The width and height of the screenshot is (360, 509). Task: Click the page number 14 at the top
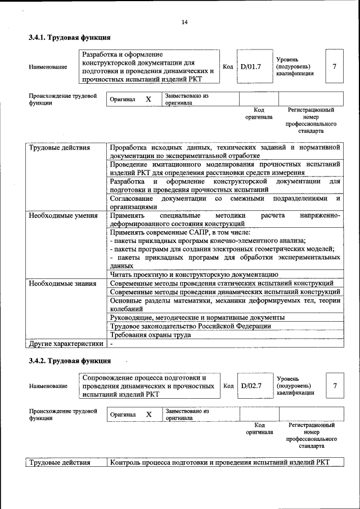click(x=184, y=22)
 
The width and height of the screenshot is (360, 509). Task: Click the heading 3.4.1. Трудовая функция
click(x=69, y=38)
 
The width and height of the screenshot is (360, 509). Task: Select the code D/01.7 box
click(x=251, y=66)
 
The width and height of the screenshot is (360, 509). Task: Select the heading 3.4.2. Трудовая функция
click(x=69, y=360)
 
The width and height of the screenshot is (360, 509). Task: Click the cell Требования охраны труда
click(x=150, y=335)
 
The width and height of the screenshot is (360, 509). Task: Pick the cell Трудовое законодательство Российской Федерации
click(x=191, y=326)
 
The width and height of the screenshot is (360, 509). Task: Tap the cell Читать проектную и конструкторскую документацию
click(x=193, y=274)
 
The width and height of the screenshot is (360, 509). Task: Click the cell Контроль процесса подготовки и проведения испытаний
click(x=219, y=462)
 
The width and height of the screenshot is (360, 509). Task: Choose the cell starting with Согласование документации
click(x=225, y=202)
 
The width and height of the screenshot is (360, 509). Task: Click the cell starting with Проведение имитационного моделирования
click(x=225, y=169)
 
